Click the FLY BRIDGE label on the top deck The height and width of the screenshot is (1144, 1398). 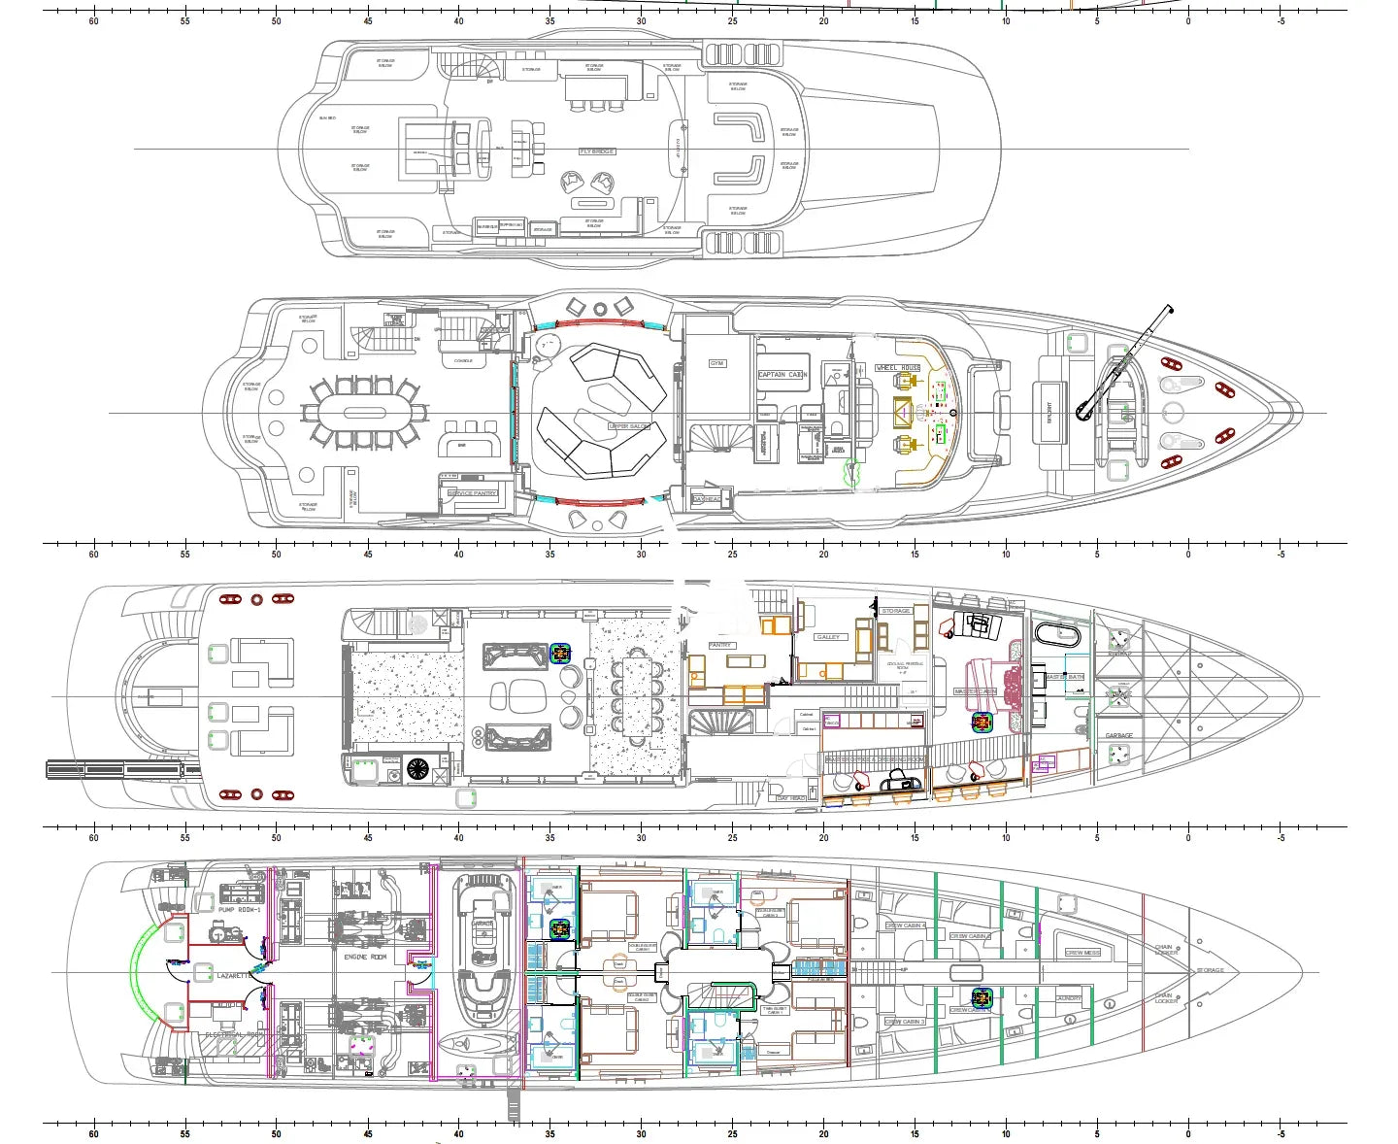(x=597, y=151)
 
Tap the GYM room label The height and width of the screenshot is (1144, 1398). (x=716, y=363)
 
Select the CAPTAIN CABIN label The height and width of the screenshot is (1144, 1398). (x=782, y=375)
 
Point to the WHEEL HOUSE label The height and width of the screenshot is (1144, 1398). (x=898, y=368)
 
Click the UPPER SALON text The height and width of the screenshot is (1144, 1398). (x=629, y=426)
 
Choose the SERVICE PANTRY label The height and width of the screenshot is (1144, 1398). (x=473, y=493)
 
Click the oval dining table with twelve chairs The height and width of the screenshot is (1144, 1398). (x=363, y=413)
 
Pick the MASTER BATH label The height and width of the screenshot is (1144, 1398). (x=1064, y=676)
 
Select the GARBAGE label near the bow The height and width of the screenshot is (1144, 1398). (x=1118, y=735)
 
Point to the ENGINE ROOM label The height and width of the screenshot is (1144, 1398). (x=365, y=957)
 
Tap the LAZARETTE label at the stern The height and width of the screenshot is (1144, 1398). (x=236, y=975)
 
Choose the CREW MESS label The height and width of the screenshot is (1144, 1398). (x=1082, y=953)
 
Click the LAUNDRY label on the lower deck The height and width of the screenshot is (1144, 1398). (x=1068, y=998)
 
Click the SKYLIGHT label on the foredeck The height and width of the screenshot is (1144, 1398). (x=1048, y=412)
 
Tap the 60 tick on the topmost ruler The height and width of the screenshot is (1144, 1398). (x=93, y=13)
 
